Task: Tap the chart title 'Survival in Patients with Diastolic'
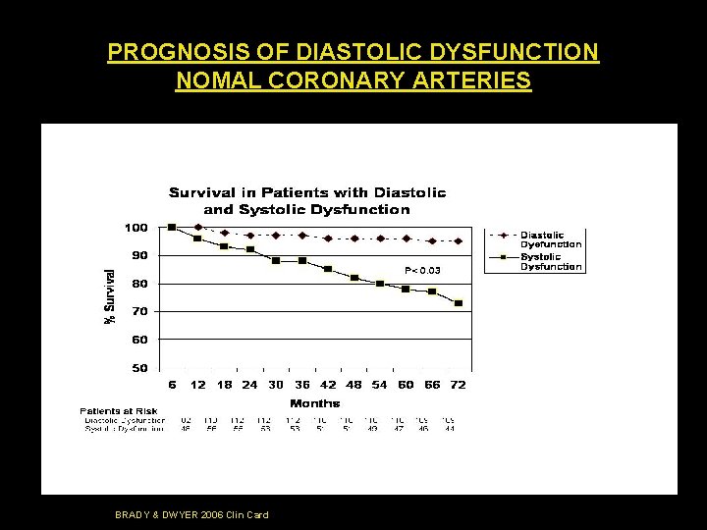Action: (307, 192)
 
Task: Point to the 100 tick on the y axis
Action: (136, 228)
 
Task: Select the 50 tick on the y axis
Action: (139, 368)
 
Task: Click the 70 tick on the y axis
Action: (139, 311)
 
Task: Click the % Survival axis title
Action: (111, 291)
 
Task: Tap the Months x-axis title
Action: (314, 402)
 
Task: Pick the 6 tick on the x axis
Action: (172, 385)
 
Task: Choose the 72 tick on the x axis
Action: (458, 385)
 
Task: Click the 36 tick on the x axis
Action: (301, 385)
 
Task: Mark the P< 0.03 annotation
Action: (422, 270)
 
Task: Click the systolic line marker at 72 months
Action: (458, 303)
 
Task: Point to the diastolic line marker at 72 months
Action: (458, 240)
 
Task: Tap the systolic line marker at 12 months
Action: (197, 238)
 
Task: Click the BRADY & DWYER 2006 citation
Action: (191, 514)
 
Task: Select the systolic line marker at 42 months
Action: (328, 269)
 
